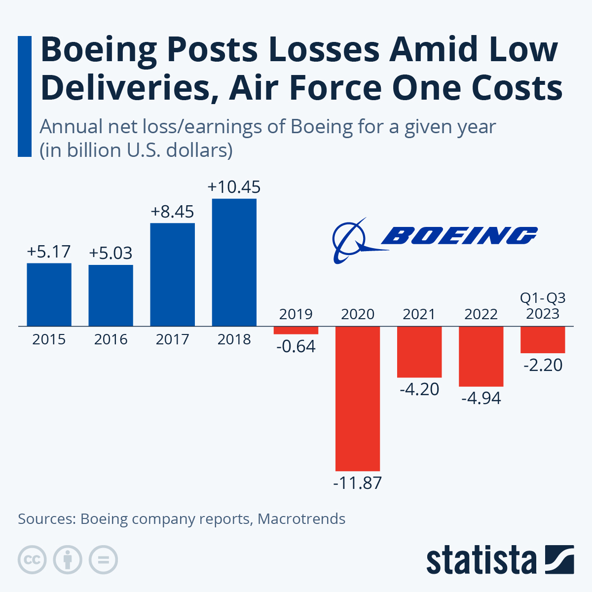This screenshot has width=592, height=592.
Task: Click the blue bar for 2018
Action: (234, 262)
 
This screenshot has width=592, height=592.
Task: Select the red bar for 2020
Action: (358, 398)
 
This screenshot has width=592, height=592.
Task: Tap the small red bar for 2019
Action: (296, 330)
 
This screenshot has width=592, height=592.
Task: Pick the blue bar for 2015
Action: (49, 294)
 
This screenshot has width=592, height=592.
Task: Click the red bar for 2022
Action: (481, 356)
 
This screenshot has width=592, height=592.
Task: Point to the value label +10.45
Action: (234, 187)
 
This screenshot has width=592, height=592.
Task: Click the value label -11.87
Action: (358, 482)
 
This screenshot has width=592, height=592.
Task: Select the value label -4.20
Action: (419, 389)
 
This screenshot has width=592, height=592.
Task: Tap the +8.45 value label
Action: (172, 212)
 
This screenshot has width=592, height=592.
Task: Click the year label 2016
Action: (111, 339)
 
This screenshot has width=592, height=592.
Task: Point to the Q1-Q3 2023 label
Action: (543, 306)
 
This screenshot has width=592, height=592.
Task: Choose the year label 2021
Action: (419, 314)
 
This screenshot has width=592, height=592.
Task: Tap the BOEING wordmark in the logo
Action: (459, 236)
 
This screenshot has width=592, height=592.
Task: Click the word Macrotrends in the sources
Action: (301, 519)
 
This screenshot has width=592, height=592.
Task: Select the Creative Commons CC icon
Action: (32, 560)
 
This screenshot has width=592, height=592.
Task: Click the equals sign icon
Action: (103, 560)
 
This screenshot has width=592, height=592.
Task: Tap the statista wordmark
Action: (481, 560)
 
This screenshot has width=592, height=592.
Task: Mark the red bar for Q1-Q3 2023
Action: (543, 339)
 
